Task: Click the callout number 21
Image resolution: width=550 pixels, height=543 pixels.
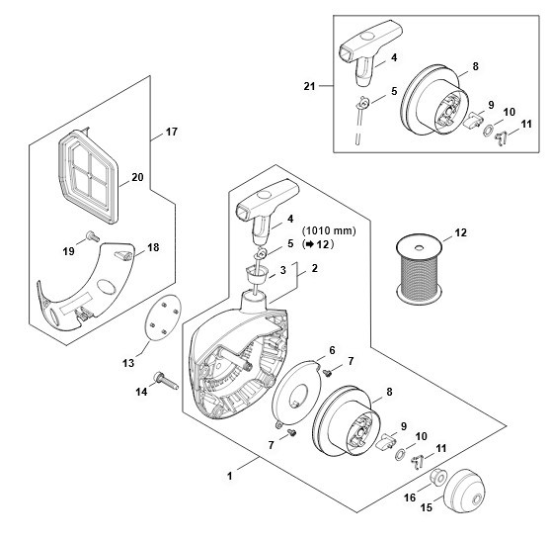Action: click(309, 86)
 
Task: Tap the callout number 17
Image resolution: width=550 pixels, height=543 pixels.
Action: click(172, 132)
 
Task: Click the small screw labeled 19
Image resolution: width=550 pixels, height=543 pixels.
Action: click(92, 235)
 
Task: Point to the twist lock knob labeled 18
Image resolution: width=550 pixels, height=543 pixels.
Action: click(123, 255)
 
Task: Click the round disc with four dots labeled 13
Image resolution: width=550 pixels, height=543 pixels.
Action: click(163, 317)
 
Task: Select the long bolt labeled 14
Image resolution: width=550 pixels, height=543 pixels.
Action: click(166, 381)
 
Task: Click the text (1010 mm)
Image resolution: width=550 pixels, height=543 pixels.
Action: click(329, 230)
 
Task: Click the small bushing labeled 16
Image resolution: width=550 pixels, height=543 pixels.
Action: click(438, 476)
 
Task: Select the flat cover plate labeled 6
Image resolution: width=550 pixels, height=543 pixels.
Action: click(297, 391)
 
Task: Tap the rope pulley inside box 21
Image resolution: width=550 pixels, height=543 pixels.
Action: click(434, 100)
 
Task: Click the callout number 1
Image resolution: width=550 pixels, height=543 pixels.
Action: click(230, 476)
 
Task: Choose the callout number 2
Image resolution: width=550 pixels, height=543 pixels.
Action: click(315, 268)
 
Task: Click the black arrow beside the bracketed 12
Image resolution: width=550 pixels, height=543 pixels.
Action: click(309, 244)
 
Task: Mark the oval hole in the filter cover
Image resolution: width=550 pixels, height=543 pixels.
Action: click(106, 287)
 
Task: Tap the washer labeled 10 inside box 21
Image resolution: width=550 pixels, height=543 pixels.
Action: click(488, 132)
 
